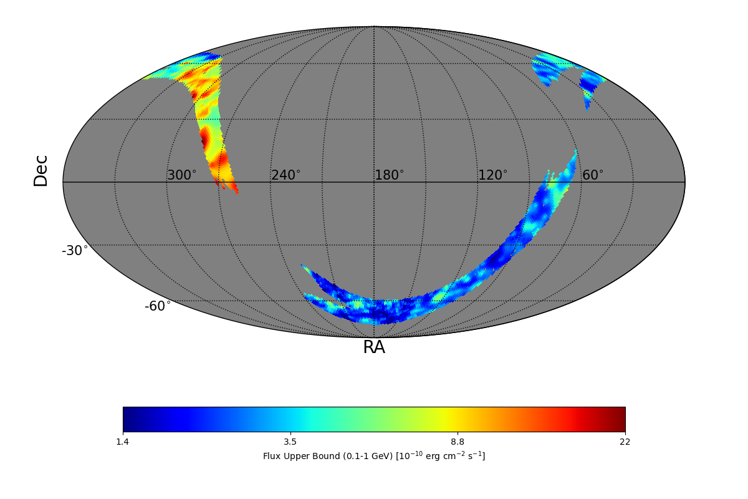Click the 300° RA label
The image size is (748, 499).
181,175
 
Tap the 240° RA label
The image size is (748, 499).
285,175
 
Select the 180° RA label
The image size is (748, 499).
389,175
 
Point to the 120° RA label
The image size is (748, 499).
492,175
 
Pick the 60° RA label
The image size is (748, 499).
592,175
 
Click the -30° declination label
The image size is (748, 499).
75,251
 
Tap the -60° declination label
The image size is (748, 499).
158,306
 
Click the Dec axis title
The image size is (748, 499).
41,170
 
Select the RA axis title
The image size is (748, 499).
374,347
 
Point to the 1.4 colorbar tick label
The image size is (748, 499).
123,442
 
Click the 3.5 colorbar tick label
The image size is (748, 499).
290,442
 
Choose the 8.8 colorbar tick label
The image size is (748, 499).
458,442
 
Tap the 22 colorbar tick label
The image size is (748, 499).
625,442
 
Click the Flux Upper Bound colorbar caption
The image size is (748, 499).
374,456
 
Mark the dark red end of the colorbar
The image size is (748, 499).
621,419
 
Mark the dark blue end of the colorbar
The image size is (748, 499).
127,419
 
